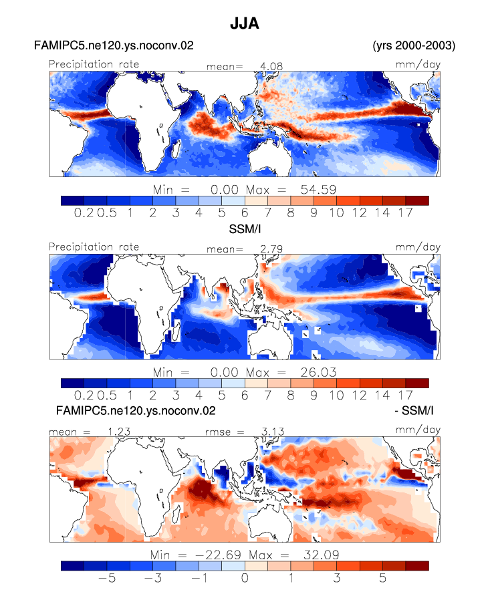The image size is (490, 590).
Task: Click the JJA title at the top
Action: coord(245,23)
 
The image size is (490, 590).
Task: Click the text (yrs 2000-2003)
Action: coord(414,45)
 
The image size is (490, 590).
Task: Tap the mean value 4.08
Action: coord(271,66)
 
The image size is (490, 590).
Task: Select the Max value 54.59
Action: coord(318,189)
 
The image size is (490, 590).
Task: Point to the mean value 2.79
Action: coord(271,249)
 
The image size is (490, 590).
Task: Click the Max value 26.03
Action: coord(318,372)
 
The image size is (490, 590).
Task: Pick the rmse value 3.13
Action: coord(273,432)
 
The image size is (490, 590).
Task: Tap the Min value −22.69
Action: coord(219,555)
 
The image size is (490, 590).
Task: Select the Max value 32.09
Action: coord(322,555)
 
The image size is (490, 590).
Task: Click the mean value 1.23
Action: coord(119,432)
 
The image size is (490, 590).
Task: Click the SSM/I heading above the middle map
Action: coord(245,229)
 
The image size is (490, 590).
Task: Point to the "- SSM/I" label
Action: coord(414,410)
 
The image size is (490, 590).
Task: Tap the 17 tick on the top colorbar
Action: coord(406,213)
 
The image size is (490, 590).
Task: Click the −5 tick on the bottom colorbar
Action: coord(107,578)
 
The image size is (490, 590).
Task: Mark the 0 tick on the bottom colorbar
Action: coord(245,578)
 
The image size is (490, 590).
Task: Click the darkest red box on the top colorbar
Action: coord(417,200)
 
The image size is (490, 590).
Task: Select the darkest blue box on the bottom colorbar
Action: coord(72,566)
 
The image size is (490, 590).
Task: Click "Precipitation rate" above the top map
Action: coord(94,64)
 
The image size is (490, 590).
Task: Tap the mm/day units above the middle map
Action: coord(418,247)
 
